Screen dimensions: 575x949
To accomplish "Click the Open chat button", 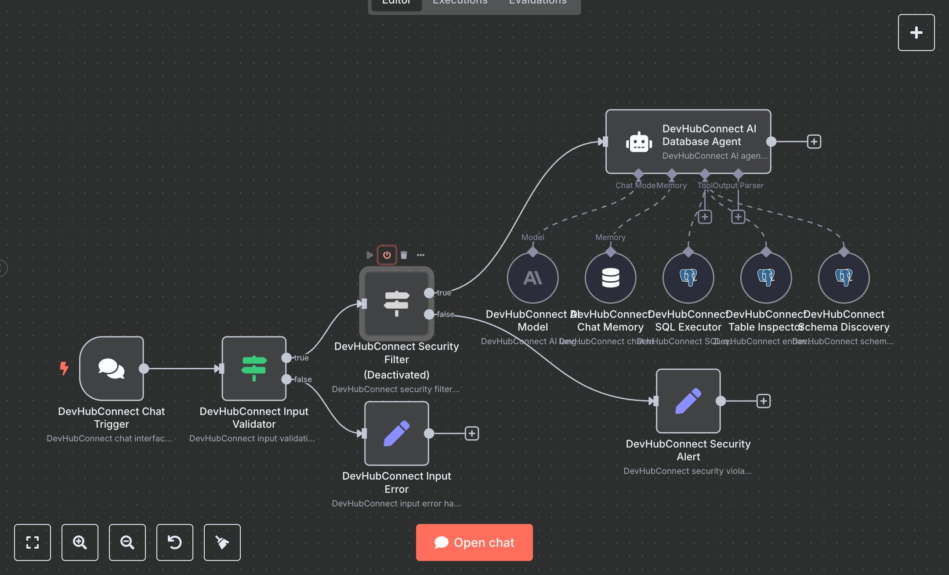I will click(474, 542).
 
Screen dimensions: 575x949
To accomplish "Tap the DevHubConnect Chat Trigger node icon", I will click(112, 368).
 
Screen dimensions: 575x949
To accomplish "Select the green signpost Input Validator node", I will click(254, 368).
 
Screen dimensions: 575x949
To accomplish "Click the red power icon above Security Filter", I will click(387, 255).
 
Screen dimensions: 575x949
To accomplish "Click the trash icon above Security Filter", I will click(404, 255).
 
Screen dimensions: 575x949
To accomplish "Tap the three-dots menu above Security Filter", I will click(420, 255).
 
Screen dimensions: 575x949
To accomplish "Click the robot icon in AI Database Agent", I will click(638, 142).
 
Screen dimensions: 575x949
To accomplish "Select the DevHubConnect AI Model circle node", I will click(532, 278).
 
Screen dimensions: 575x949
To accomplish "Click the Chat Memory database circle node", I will click(610, 278).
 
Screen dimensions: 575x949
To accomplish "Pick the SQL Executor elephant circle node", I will click(688, 278).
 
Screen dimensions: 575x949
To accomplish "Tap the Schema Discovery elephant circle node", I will click(844, 278).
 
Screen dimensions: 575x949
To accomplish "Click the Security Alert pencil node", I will click(688, 400).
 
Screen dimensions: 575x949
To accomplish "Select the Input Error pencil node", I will click(396, 433).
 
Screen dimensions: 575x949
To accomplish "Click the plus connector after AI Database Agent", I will click(814, 142).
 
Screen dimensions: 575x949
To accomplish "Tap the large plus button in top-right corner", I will click(916, 33).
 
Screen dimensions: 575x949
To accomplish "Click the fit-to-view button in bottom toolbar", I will click(33, 542).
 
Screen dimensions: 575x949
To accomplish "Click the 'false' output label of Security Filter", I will click(445, 314).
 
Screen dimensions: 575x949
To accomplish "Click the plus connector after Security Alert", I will click(763, 401).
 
